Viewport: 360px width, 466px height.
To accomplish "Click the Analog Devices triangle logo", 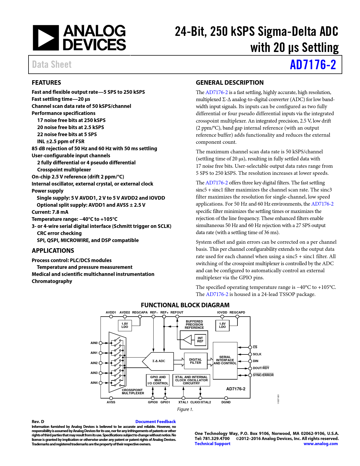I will pos(45,38).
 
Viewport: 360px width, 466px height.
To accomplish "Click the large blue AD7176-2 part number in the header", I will pos(313,65).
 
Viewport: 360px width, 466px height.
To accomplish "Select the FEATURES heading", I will pos(46,83).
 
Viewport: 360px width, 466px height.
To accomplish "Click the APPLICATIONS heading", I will pos(53,251).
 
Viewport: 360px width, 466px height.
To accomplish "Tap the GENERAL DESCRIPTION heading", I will pos(230,83).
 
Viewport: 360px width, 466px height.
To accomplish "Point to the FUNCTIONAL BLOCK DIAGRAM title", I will pos(185,305).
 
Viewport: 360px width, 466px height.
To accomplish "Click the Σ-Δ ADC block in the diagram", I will pos(159,361).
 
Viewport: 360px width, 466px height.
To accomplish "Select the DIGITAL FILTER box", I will pos(195,361).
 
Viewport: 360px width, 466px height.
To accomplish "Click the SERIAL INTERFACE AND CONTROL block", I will pos(225,360).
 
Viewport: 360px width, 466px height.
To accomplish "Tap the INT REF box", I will pos(200,340).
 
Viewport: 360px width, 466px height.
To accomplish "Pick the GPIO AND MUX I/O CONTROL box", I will pos(158,380).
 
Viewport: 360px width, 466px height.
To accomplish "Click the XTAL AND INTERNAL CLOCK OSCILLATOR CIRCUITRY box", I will pos(191,380).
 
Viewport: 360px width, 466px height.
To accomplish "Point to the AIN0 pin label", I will pos(94,343).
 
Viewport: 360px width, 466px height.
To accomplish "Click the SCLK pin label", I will pos(257,354).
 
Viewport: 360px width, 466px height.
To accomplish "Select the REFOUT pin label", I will pos(177,312).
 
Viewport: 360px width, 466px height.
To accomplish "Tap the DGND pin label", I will pos(226,402).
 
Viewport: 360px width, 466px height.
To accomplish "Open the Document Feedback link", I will pos(156,422).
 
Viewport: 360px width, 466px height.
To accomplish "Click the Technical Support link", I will pos(212,444).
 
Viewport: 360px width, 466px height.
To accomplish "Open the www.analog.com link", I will pos(320,444).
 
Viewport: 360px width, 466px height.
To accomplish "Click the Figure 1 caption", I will pos(185,409).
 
